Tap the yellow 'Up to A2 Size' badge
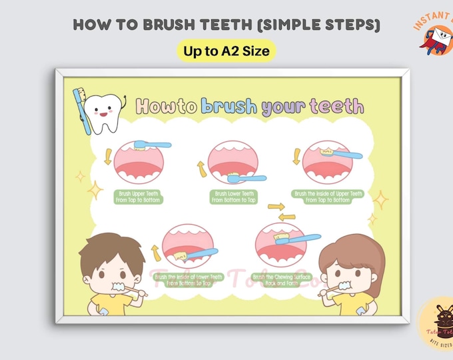(x=226, y=51)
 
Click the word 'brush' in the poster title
(x=228, y=106)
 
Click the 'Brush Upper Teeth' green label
(x=139, y=197)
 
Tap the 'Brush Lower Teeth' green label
(x=233, y=197)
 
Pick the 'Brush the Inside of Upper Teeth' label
(x=328, y=197)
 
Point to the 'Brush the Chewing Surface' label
(x=280, y=279)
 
